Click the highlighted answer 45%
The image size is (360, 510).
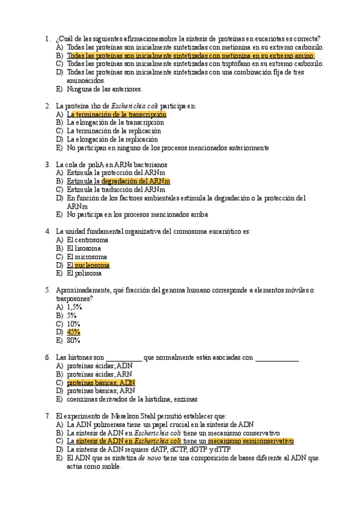click(73, 332)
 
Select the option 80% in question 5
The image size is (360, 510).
click(73, 340)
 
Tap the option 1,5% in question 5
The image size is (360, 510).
click(75, 307)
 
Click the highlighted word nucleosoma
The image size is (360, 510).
click(92, 265)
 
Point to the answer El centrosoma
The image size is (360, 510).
click(88, 239)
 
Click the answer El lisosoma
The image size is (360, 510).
click(84, 248)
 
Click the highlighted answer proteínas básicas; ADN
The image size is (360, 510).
click(101, 382)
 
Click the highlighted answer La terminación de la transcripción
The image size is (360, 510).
click(117, 114)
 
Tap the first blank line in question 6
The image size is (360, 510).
click(124, 358)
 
